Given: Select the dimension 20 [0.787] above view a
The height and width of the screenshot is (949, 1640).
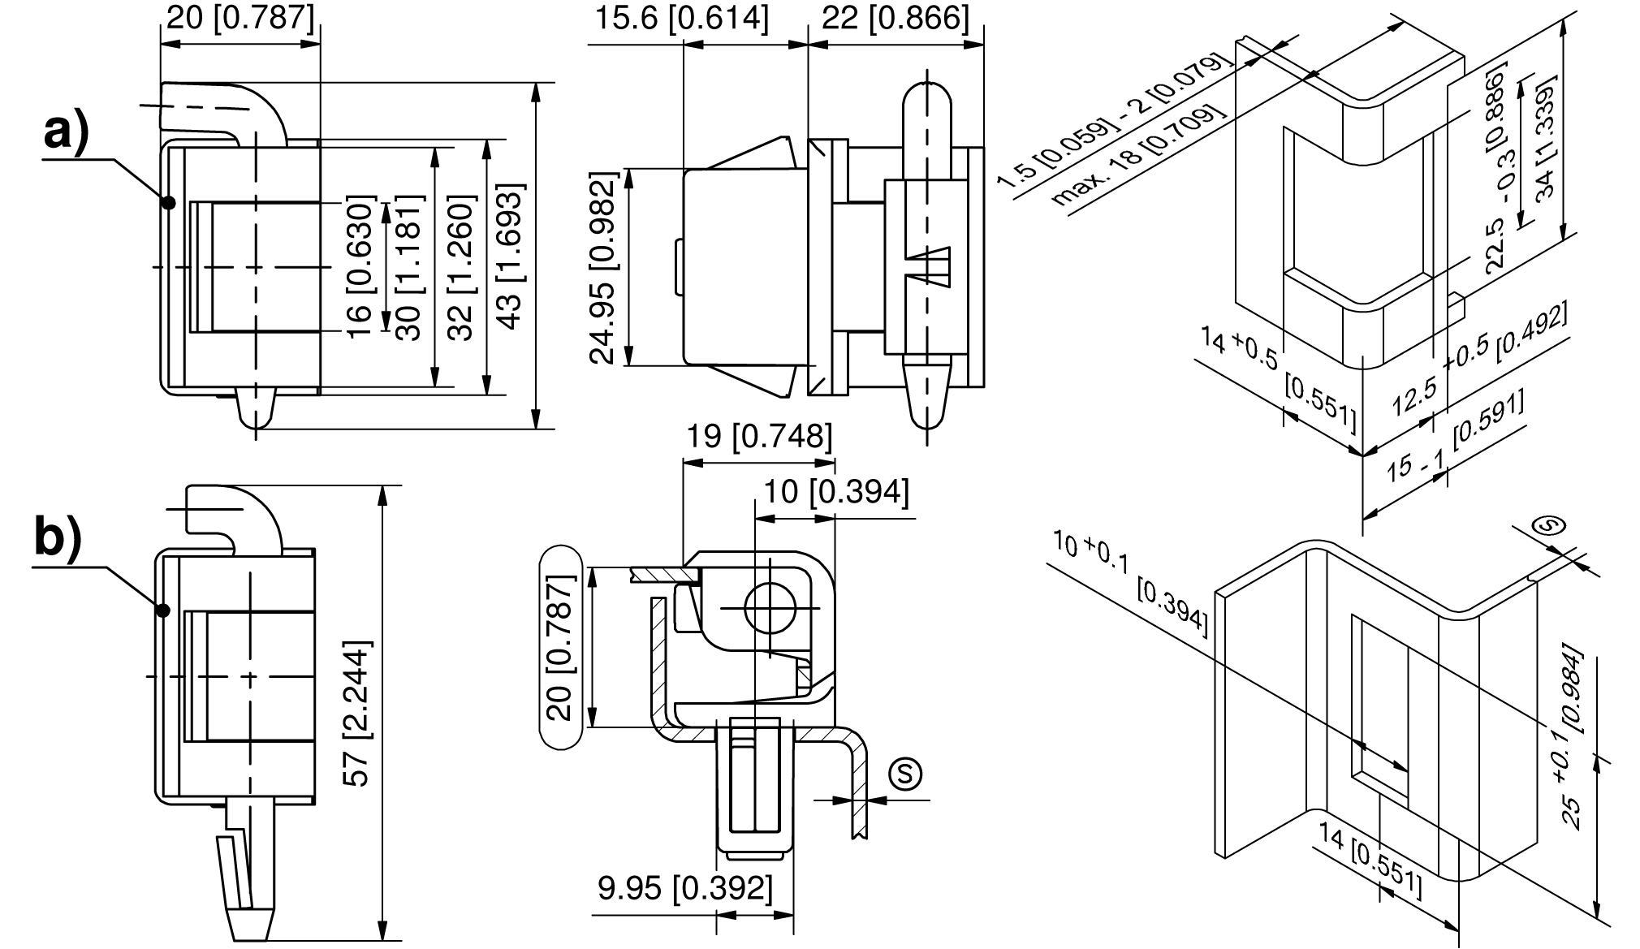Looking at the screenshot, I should pos(240,18).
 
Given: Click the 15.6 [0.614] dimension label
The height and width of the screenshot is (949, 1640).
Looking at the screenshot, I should pos(680,18).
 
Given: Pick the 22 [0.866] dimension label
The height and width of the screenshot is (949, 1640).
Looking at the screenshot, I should pos(896,18).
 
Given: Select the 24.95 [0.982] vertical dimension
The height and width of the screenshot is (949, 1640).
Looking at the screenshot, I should pos(604,268).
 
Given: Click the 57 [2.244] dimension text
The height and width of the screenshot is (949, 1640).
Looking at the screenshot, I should pos(357,714).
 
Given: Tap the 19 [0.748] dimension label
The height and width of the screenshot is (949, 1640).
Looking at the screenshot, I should pos(759,437).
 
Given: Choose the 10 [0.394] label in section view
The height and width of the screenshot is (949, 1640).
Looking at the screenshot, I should pos(836,491).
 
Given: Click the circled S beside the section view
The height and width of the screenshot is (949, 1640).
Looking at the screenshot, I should pos(905,773).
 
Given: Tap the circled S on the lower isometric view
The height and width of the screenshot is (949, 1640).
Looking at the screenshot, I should pos(1549,527).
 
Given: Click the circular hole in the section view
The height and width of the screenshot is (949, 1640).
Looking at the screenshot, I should pos(768,609).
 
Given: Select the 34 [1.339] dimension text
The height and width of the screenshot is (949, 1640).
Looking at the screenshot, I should pos(1546,136).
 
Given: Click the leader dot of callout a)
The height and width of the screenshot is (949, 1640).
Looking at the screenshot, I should pos(168,202).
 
